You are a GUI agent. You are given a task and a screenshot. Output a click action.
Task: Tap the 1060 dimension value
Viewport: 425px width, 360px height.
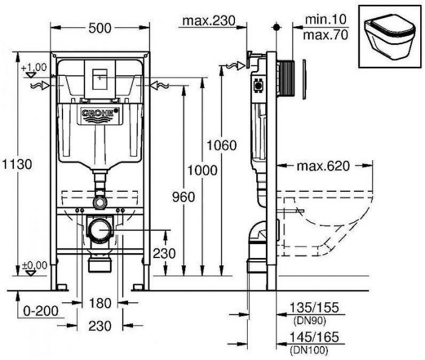[x=221, y=145]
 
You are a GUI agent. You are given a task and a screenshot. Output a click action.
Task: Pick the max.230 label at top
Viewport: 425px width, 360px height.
[x=207, y=22]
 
